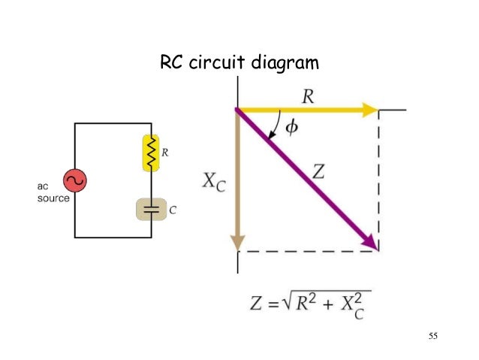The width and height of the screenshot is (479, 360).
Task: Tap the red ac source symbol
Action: pos(75,180)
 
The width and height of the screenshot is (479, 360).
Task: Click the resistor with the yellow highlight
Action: pos(151,153)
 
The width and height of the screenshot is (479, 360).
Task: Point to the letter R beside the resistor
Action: pos(165,153)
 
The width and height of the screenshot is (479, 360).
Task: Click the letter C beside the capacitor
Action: pos(173,211)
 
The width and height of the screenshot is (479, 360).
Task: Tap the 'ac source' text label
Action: pos(53,192)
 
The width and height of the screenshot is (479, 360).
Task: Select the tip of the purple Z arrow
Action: pos(375,247)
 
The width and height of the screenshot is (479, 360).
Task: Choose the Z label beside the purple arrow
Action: pos(318,171)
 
